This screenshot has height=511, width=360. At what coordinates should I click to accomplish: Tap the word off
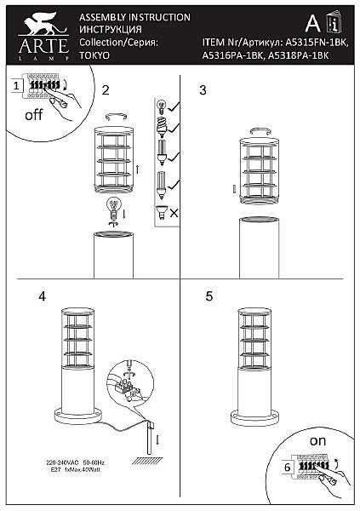point(33,117)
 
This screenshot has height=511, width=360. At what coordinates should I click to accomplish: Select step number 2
point(106,89)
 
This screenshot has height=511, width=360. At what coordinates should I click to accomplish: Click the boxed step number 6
point(288,468)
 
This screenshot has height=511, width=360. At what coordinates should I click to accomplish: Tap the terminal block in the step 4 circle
point(130,391)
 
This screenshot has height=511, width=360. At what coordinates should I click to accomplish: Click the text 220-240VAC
point(63,461)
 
